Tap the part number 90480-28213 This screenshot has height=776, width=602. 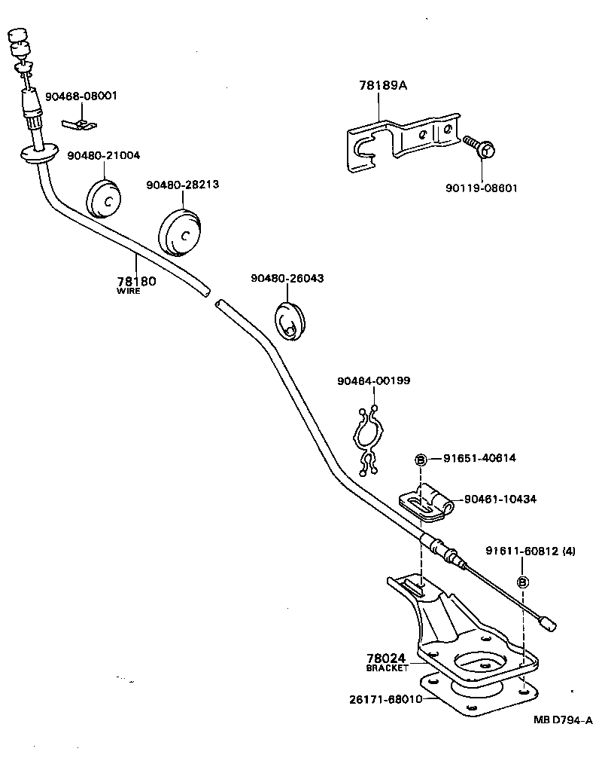point(183,184)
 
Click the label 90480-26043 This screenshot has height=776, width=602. point(287,278)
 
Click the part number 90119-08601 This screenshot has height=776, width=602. point(482,188)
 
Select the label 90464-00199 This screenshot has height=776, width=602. point(373,381)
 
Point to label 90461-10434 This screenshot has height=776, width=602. point(500,499)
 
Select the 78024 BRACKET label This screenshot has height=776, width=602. point(388,661)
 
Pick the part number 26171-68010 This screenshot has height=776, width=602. point(385,699)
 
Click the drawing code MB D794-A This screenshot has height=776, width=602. point(564,719)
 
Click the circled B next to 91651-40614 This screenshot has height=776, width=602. point(421,459)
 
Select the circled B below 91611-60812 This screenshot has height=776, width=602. point(523,582)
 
